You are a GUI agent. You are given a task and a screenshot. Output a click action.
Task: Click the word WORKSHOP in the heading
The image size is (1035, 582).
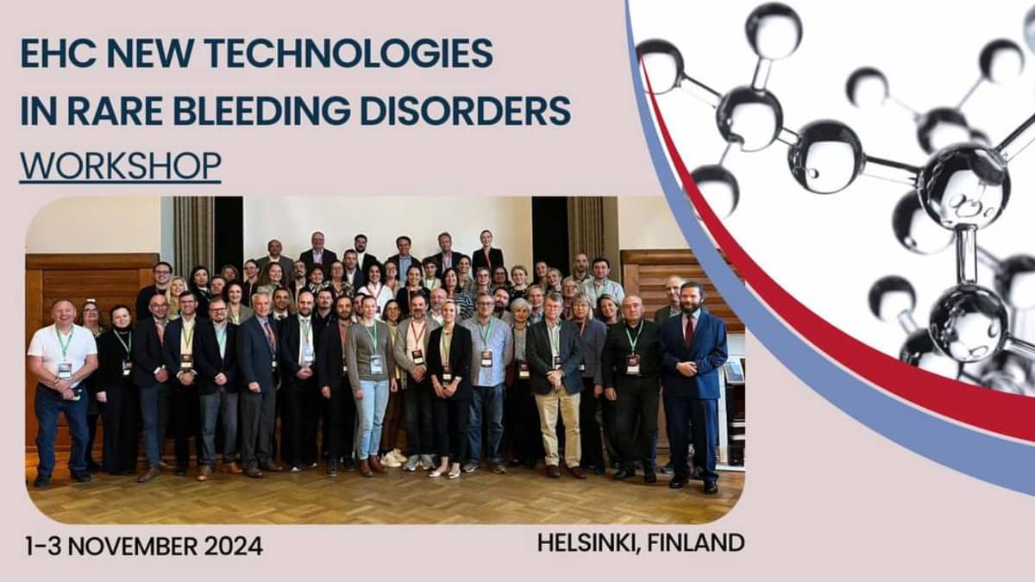pos(120,165)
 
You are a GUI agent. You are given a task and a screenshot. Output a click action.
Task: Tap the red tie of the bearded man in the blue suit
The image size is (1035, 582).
pos(688,328)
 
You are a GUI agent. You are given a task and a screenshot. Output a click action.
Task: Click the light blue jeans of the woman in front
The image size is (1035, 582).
pos(373,414)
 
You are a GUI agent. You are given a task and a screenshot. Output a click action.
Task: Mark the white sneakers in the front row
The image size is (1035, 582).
pos(393,458)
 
